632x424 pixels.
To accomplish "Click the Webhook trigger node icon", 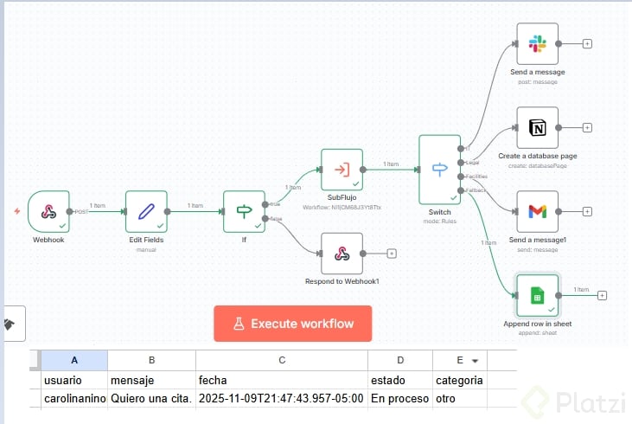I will click(x=48, y=211).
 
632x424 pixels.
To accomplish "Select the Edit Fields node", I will click(x=146, y=211).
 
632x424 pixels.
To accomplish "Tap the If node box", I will click(x=244, y=211).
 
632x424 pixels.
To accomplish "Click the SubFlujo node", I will click(x=342, y=170).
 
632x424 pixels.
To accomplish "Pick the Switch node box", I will click(x=439, y=169).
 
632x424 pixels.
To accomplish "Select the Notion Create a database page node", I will click(x=537, y=128).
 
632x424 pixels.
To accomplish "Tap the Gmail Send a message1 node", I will click(x=537, y=211).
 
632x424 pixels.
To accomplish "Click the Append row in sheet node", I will click(x=537, y=295).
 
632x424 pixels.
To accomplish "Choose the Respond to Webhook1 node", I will click(x=342, y=254).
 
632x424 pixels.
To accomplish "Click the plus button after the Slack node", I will click(x=588, y=43).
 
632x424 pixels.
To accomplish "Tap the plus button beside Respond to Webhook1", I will click(x=392, y=254).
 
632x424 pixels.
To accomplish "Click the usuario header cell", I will click(x=73, y=380).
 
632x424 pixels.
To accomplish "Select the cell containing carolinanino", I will click(x=73, y=398).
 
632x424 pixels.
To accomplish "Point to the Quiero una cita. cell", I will click(x=151, y=398).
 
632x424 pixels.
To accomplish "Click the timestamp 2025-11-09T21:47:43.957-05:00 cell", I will click(x=281, y=398).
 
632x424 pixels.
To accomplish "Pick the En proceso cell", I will click(x=399, y=398).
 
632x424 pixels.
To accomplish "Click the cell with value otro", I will click(x=458, y=398).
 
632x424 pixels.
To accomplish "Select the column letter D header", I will click(x=399, y=360).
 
